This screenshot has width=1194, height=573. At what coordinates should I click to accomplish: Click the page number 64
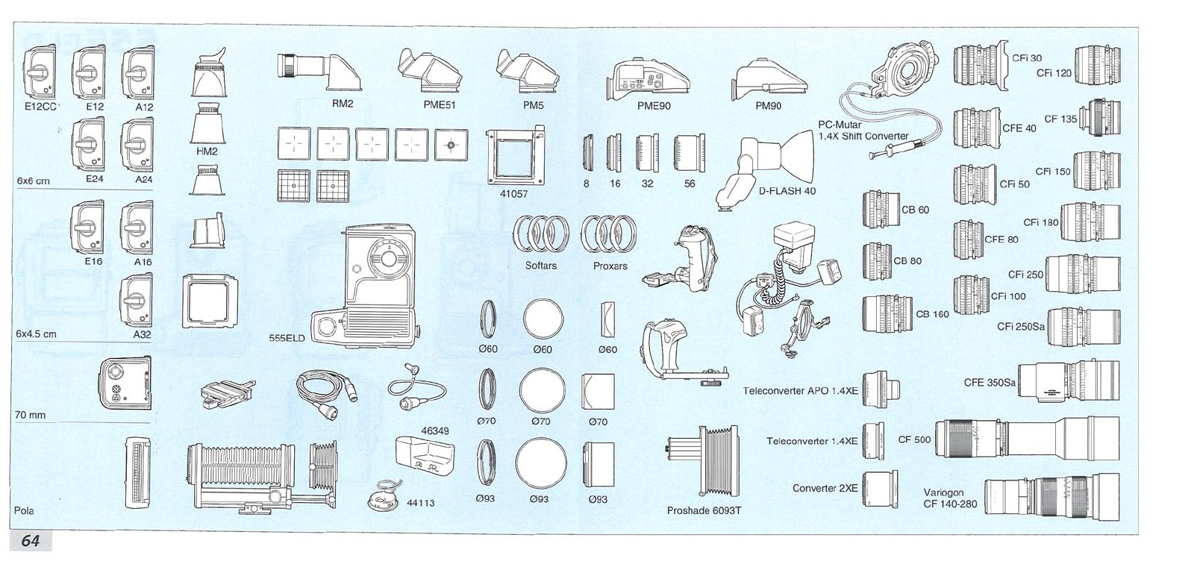(30, 541)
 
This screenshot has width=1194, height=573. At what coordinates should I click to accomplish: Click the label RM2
(342, 104)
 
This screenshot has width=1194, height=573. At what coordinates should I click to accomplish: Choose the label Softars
(541, 266)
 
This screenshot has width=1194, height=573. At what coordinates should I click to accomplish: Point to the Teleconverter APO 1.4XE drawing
(881, 390)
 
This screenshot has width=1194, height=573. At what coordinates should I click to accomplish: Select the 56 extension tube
(689, 154)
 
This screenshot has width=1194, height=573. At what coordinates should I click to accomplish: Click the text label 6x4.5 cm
(37, 334)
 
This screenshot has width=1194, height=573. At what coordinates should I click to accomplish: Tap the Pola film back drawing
(137, 473)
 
